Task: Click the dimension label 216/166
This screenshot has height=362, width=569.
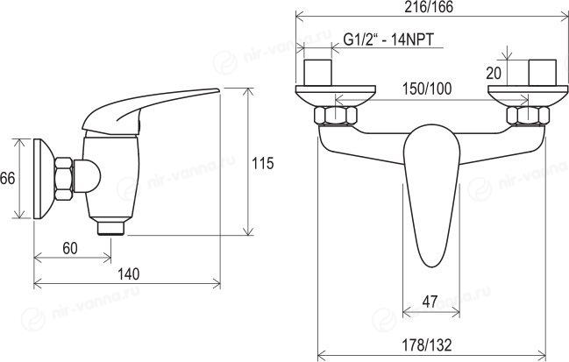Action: (x=429, y=8)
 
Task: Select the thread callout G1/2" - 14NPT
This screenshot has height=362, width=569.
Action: (x=388, y=39)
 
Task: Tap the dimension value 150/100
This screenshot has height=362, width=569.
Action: (x=427, y=89)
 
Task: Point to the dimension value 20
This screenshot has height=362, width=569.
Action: (x=494, y=73)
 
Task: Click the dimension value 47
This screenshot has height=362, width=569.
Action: (x=430, y=302)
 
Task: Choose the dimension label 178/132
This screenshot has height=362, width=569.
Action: (x=427, y=344)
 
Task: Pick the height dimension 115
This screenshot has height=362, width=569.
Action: (x=263, y=163)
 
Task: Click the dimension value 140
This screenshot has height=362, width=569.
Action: (x=129, y=274)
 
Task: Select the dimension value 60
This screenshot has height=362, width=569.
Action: (x=69, y=248)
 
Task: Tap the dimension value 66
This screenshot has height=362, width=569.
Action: (x=8, y=179)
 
